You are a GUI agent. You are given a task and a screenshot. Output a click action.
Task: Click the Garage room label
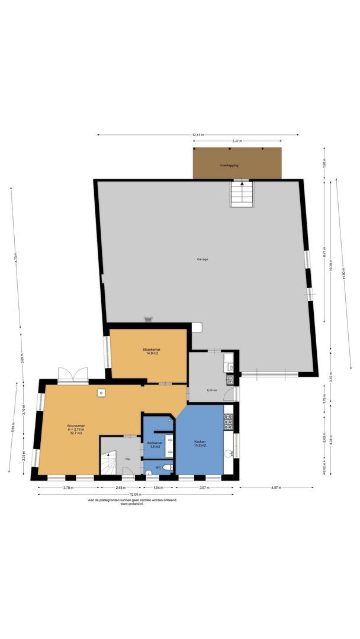coord(202,259)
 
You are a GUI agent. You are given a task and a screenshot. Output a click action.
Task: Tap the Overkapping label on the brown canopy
coord(229,166)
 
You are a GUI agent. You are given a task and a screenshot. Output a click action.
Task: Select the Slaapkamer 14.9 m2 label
coord(152,351)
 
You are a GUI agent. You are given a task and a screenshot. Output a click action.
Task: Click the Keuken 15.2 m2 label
coord(200,443)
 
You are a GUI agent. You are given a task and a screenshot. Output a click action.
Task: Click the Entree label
coord(211,390)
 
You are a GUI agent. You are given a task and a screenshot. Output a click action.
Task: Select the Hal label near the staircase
coord(127,458)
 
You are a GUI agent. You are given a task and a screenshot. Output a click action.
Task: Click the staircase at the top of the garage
coord(242,193)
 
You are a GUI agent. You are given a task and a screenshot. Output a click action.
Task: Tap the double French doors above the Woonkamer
coord(73,375)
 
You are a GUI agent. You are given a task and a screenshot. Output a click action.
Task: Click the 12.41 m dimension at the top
coord(198,135)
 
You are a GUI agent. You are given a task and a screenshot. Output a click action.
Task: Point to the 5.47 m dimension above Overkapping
coord(236,141)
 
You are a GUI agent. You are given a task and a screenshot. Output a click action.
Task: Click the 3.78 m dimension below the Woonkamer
coord(68,488)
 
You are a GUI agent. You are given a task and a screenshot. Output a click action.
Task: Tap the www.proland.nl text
coord(132,504)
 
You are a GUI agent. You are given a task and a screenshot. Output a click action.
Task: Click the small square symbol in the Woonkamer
coord(101,392)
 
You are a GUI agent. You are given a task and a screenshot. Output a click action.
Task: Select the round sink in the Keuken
coord(229,454)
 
